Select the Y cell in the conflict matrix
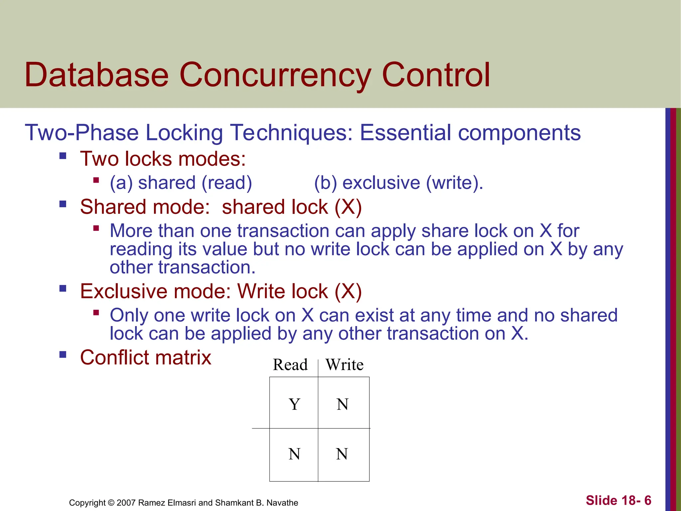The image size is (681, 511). pos(294,405)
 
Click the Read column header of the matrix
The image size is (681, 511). pos(290,365)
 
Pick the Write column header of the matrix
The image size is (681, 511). pos(344,365)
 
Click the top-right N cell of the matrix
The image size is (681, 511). pos(342,405)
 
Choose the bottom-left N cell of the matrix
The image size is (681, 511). pos(294,454)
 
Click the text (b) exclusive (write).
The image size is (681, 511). pos(398,183)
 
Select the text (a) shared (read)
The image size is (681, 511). pos(181,183)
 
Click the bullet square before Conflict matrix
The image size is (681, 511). pos(63,354)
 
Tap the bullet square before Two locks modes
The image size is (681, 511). pos(63,156)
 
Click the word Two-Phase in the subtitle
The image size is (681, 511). pos(82,133)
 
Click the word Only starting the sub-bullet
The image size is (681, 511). pos(129,315)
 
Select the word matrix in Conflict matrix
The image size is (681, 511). pos(182,358)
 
